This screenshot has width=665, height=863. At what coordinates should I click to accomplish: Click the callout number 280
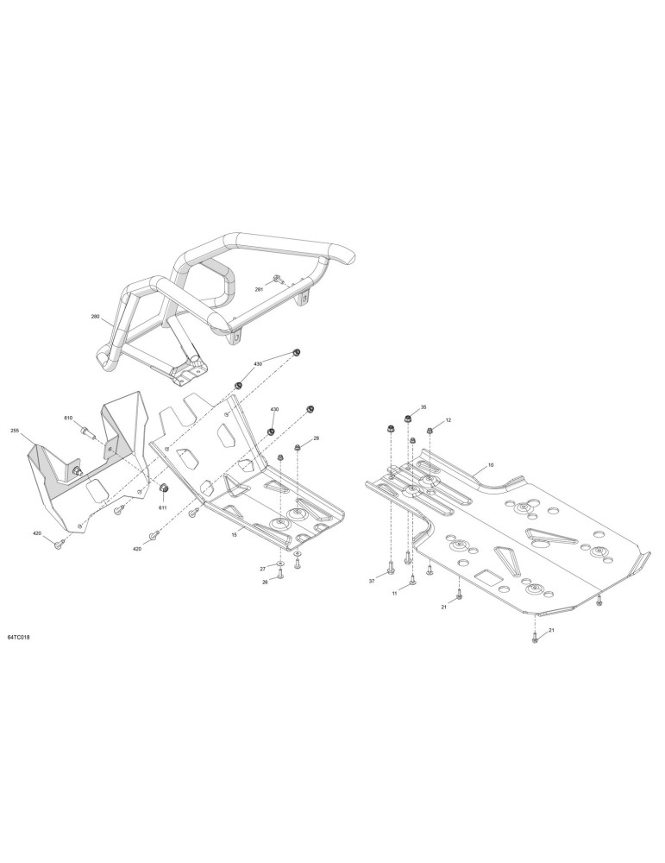click(x=95, y=317)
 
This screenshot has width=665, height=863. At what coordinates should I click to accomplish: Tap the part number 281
click(x=259, y=289)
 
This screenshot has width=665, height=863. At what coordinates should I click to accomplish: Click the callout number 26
click(x=265, y=583)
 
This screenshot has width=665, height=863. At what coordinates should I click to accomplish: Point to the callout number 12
click(x=449, y=420)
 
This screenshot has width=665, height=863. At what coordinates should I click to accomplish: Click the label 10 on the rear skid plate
click(x=491, y=465)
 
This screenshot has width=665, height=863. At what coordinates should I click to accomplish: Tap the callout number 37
click(x=371, y=581)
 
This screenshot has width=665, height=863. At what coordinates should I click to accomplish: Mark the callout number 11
click(x=394, y=594)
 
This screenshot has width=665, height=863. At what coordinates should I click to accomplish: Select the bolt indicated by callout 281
click(x=278, y=280)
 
